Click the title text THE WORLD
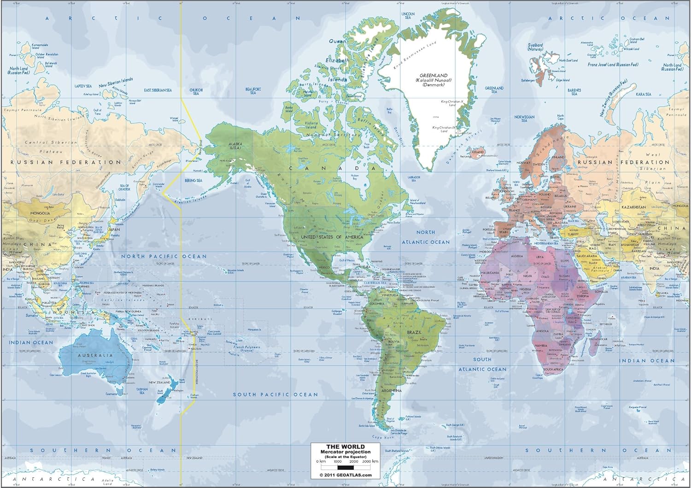(345, 447)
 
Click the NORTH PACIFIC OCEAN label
(164, 256)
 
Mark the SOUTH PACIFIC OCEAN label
(275, 394)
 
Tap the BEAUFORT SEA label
(253, 91)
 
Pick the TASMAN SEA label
(141, 391)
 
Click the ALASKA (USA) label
(235, 146)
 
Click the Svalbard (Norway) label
(535, 47)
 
